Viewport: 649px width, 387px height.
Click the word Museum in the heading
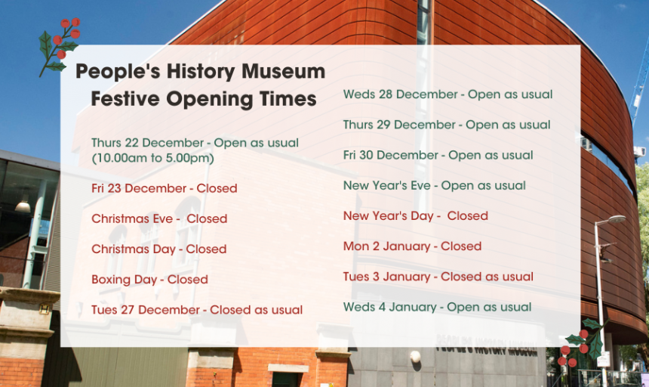[x=284, y=71]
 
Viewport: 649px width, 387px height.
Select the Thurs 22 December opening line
[x=195, y=143]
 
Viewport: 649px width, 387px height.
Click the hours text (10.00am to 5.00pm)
[x=152, y=158]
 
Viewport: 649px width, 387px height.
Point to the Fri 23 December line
[x=165, y=188]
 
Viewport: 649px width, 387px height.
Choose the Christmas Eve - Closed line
[x=159, y=218]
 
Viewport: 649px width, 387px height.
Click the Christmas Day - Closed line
[x=159, y=249]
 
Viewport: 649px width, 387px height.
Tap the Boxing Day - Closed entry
[x=149, y=280]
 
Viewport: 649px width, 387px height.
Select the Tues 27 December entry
[x=197, y=310]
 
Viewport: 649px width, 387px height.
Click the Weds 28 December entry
[x=448, y=94]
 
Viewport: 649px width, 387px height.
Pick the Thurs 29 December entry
[x=447, y=125]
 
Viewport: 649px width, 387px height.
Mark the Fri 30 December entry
[x=438, y=156]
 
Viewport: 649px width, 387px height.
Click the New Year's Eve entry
[x=434, y=186]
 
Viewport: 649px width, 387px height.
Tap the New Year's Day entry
[x=416, y=216]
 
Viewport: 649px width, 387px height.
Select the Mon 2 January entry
[x=412, y=246]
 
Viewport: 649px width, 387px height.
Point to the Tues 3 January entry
[x=438, y=277]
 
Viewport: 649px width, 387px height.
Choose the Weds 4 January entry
[x=437, y=307]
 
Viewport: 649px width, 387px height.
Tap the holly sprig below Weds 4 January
[x=582, y=342]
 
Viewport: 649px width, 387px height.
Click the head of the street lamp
[x=616, y=219]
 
